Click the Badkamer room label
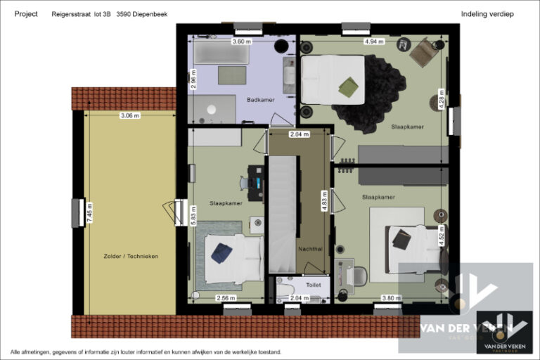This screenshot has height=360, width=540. [x=259, y=100]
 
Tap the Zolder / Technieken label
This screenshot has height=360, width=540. [x=130, y=257]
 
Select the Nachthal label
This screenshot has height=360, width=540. [x=310, y=248]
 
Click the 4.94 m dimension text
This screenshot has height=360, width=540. [x=374, y=41]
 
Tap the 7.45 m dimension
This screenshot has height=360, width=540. [x=89, y=212]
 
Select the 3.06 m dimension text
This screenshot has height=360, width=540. [x=130, y=115]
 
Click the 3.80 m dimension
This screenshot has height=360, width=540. [x=390, y=298]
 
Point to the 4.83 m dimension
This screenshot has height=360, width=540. [x=324, y=200]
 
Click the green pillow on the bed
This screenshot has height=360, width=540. [x=347, y=87]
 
